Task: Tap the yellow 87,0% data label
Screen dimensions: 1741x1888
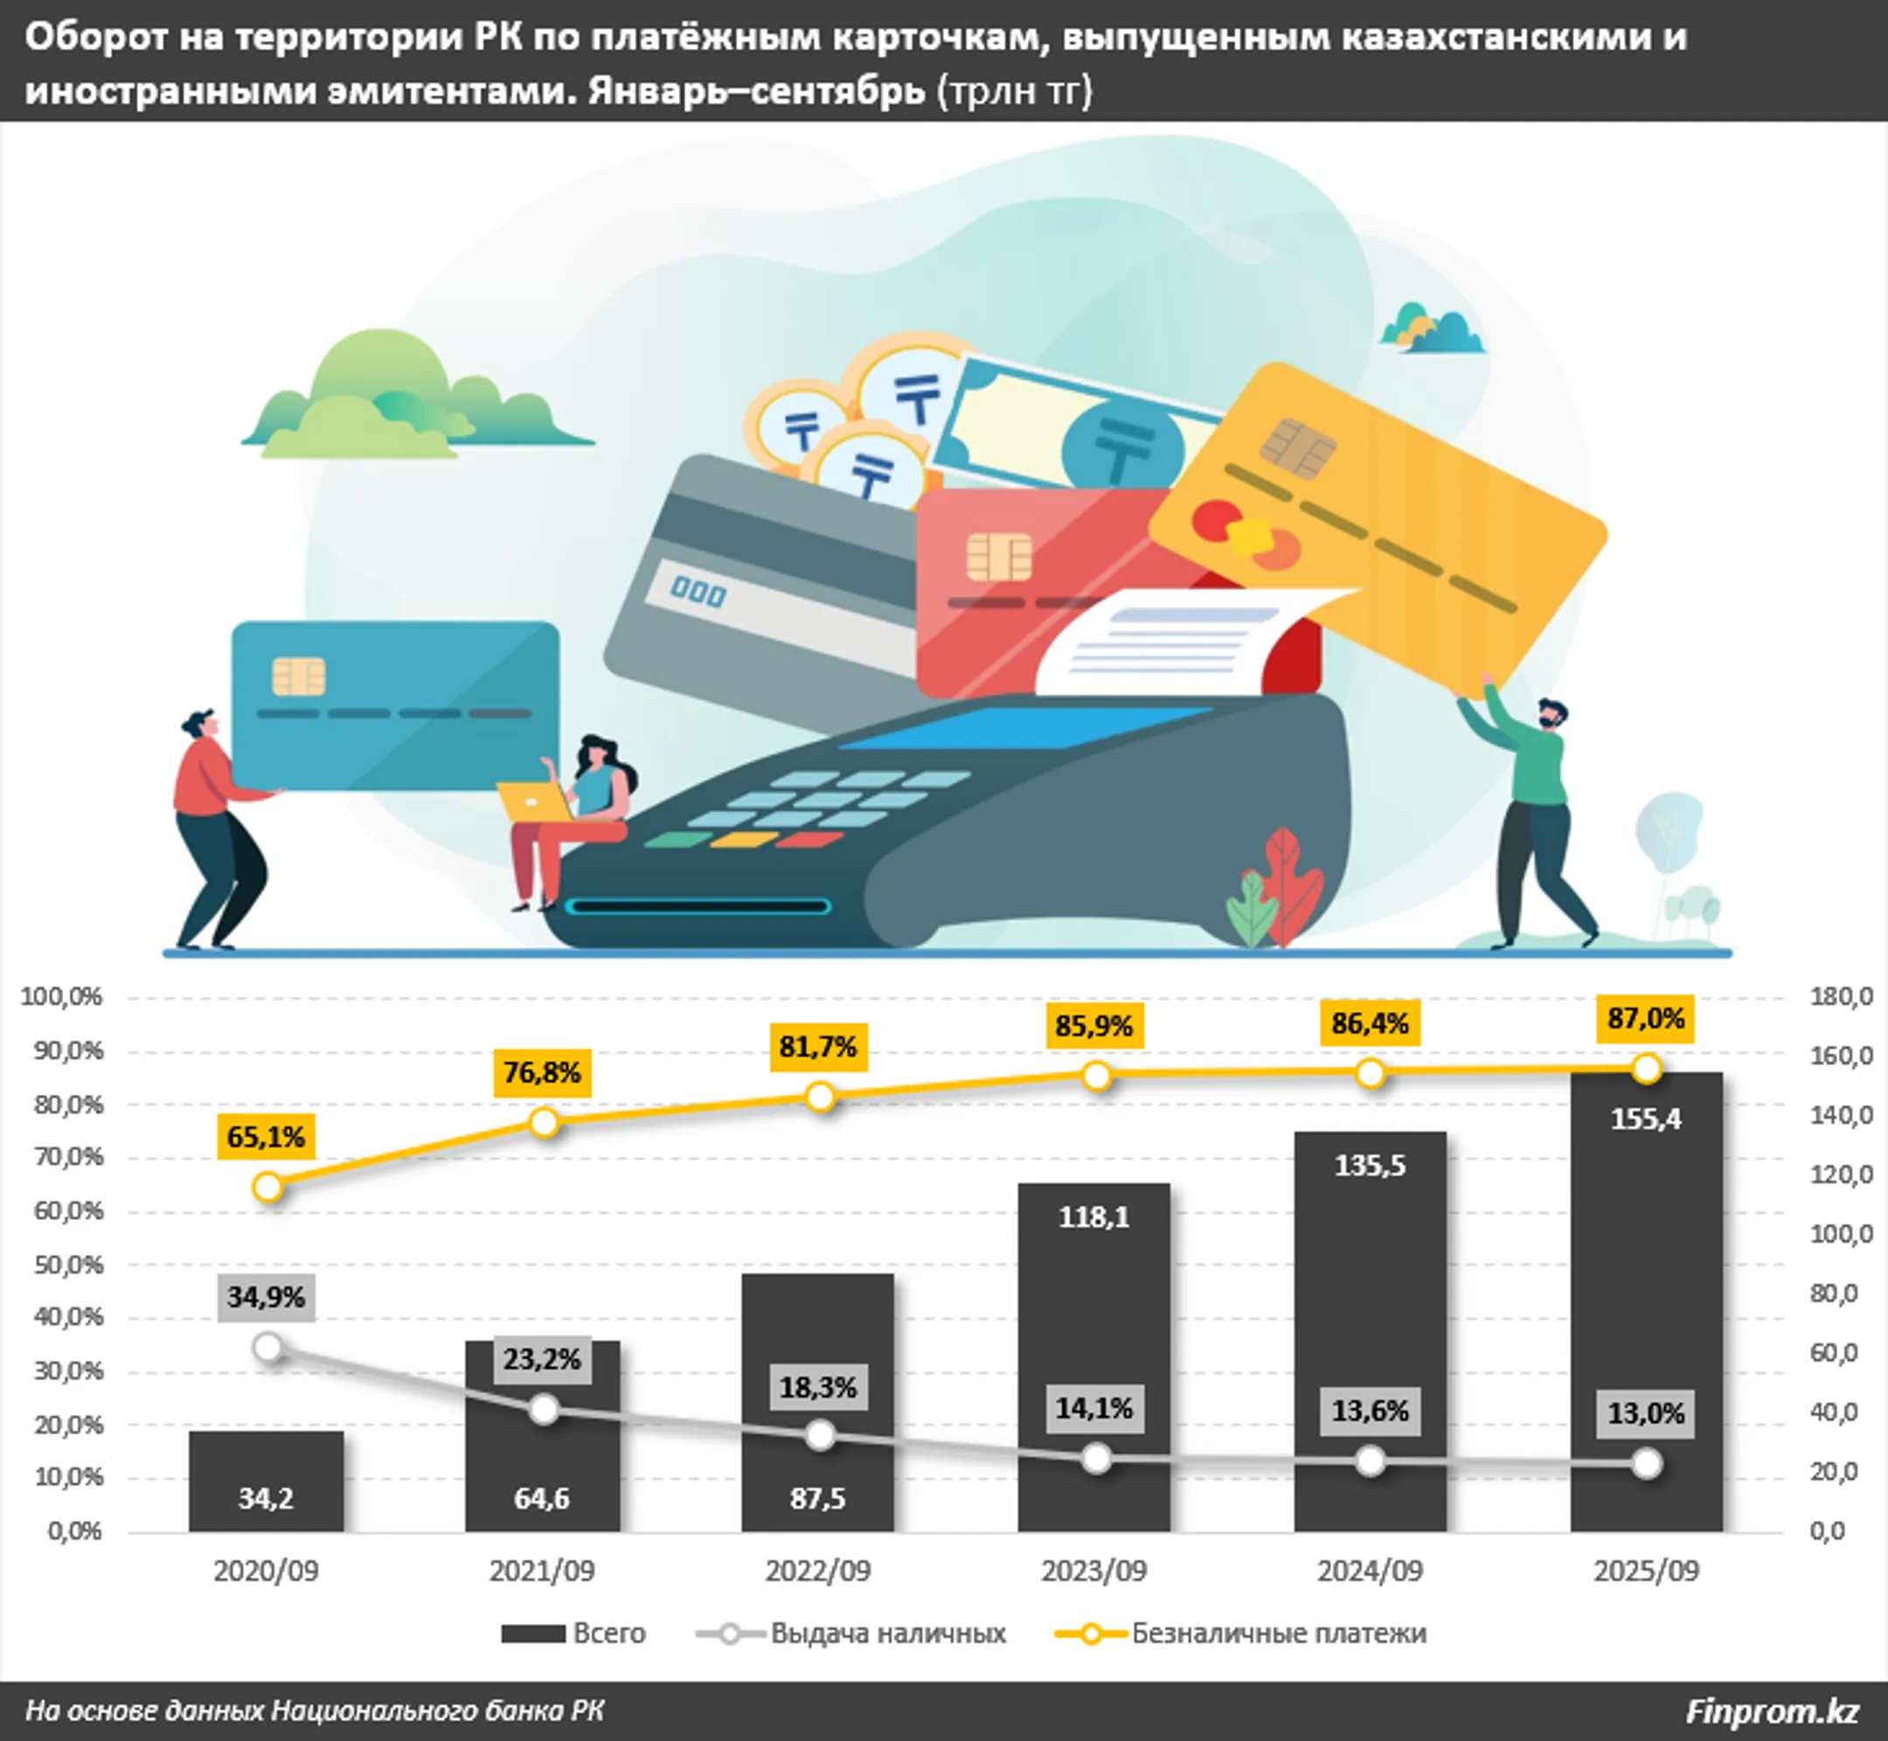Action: point(1645,1018)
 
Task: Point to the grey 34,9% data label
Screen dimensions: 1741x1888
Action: point(266,1297)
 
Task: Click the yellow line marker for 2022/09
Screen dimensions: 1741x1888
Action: point(821,1097)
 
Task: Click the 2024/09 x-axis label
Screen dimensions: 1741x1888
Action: point(1369,1571)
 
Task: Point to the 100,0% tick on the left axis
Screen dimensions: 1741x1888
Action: point(62,996)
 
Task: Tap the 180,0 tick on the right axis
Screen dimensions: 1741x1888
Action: point(1840,996)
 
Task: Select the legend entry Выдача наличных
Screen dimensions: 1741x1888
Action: point(886,1633)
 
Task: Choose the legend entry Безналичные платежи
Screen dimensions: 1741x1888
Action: point(1278,1633)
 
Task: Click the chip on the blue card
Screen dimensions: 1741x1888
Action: point(299,676)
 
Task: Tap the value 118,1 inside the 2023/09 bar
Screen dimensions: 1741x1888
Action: point(1093,1217)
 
